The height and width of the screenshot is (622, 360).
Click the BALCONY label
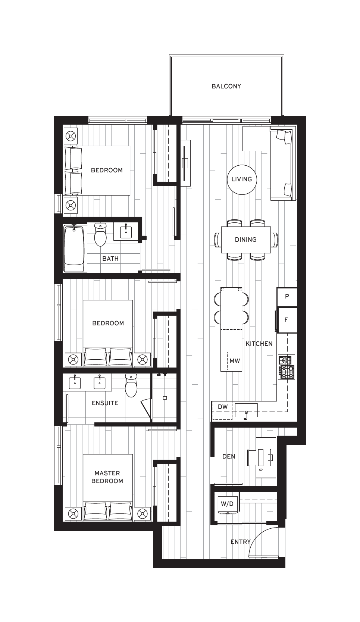pos(226,86)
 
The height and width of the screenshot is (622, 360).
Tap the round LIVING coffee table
pos(242,179)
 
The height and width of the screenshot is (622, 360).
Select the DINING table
pos(246,240)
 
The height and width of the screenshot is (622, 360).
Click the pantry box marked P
pos(287,297)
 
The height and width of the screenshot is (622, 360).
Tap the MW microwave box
pos(235,361)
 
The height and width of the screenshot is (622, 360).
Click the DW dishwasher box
pos(222,410)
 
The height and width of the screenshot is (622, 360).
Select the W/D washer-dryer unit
pos(228,504)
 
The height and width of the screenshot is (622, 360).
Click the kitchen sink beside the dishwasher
pos(246,410)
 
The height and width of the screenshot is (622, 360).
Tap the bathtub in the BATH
pos(74,249)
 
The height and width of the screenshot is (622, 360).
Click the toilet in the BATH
pos(100,234)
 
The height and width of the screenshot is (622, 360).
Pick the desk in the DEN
pos(266,457)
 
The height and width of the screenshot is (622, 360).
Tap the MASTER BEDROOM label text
pos(107,477)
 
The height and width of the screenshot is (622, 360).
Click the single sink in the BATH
pos(126,231)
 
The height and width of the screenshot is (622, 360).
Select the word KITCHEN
pos(259,344)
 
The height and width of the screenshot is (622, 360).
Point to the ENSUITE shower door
pos(147,410)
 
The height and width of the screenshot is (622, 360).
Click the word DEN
pos(229,456)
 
